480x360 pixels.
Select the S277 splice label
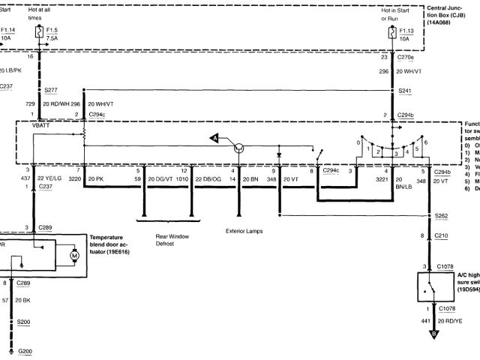coord(52,88)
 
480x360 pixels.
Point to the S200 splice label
coord(25,321)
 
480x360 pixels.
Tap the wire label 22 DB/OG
coord(208,180)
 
